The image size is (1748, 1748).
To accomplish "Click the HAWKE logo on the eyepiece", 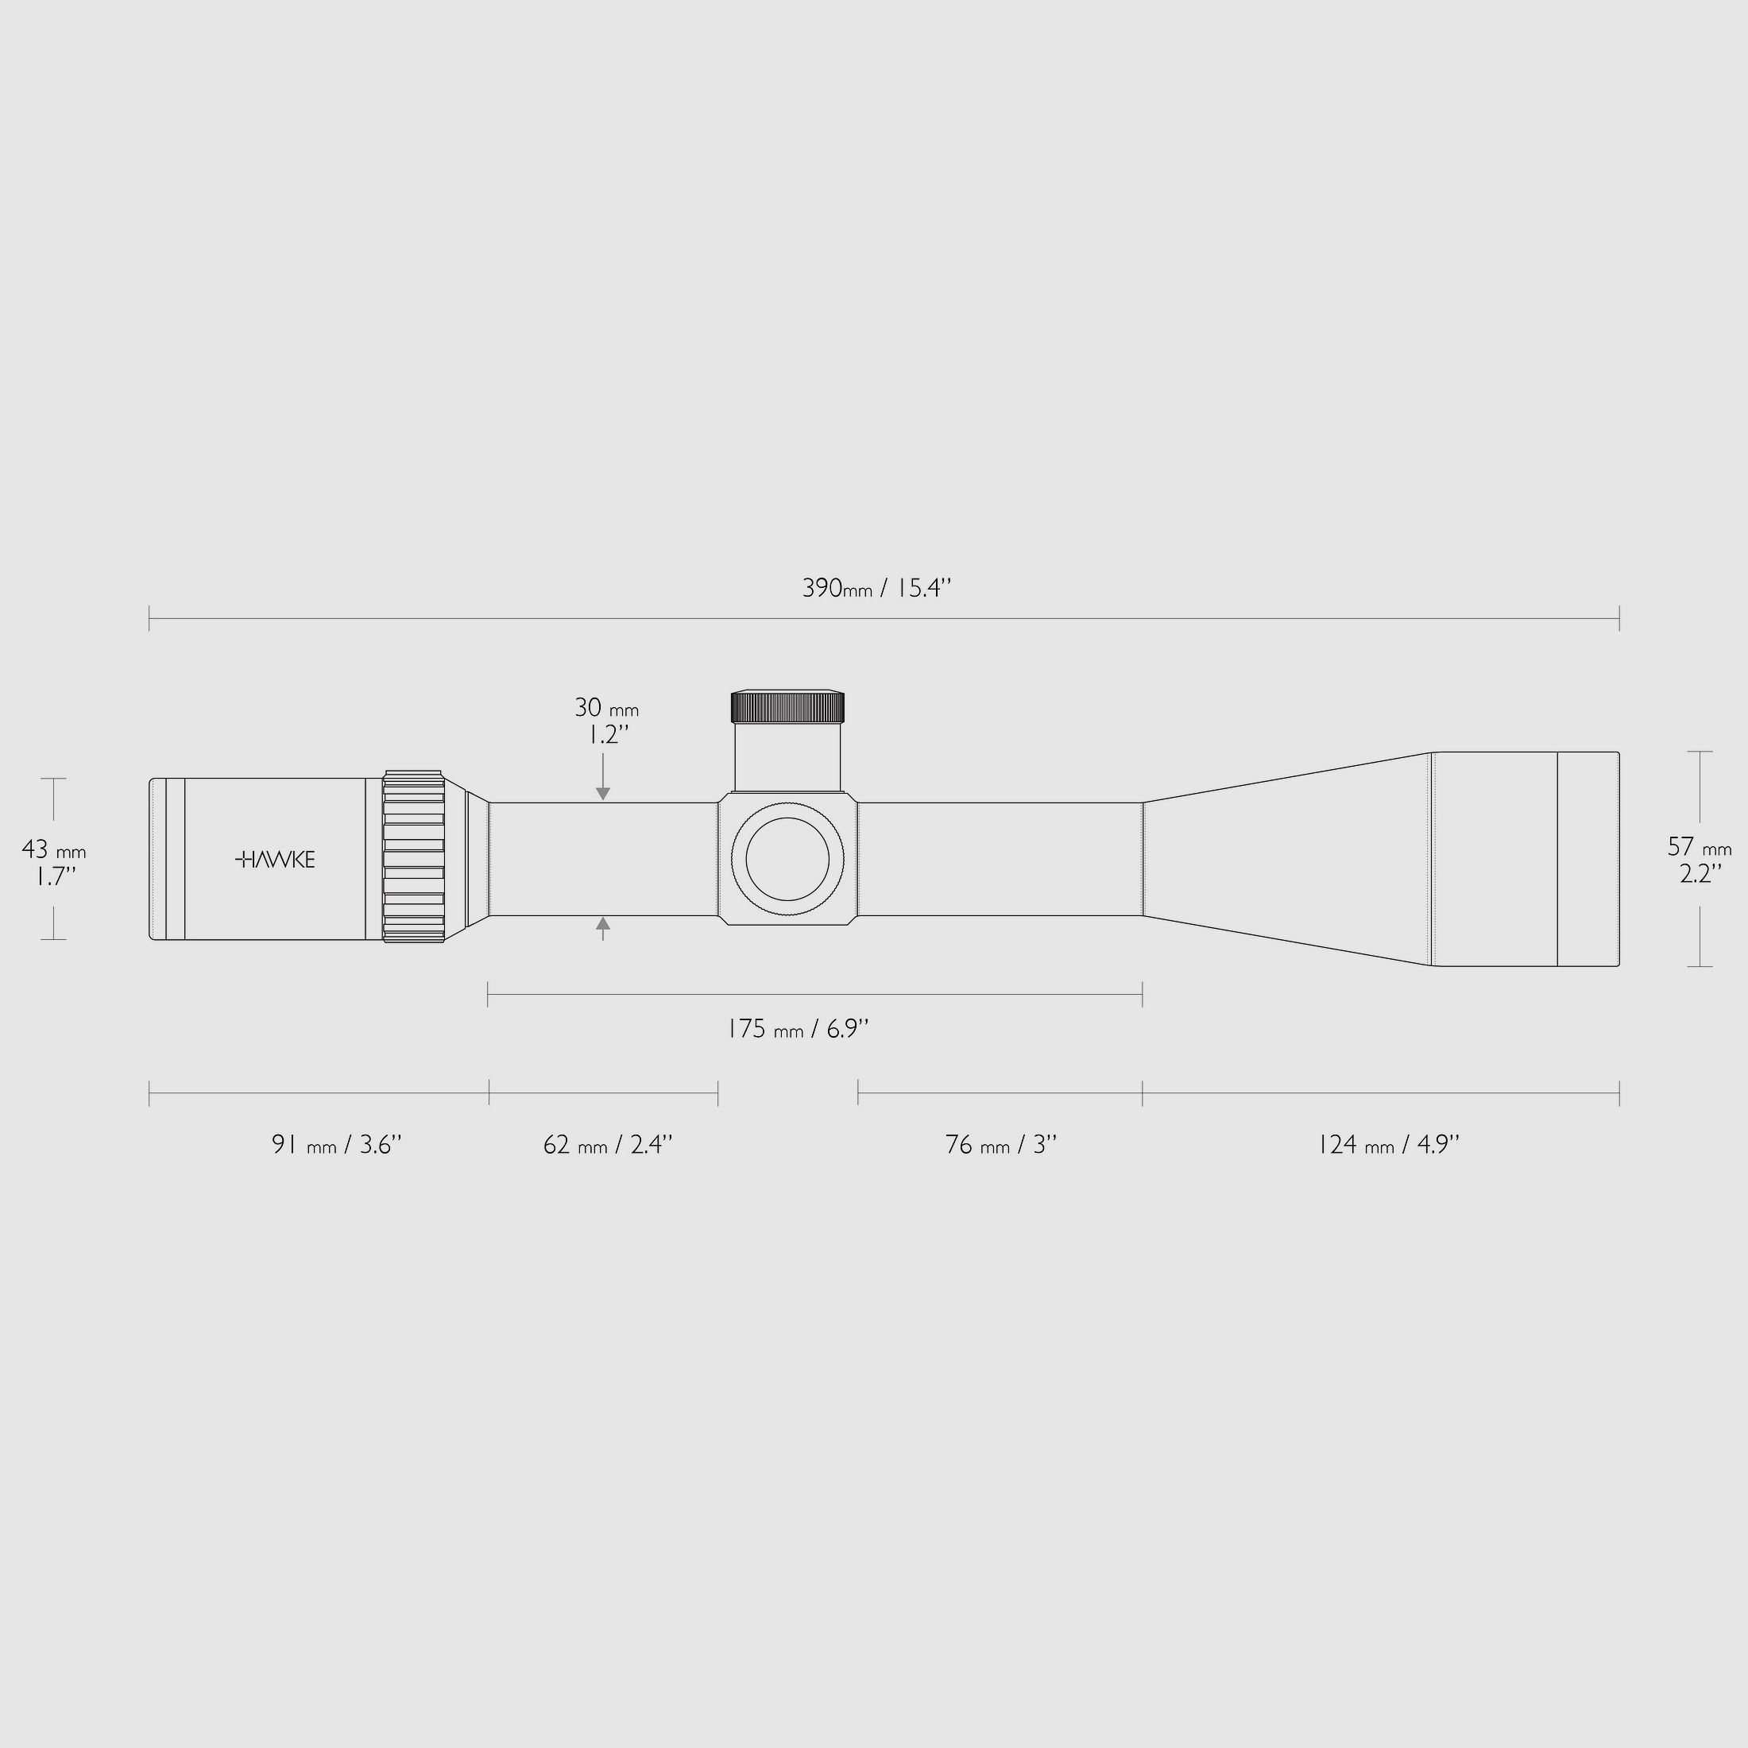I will click(x=275, y=860).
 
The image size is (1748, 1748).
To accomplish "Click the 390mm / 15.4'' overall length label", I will click(x=876, y=588).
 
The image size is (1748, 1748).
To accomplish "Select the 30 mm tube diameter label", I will click(x=605, y=707).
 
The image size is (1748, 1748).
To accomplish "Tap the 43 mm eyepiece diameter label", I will click(x=53, y=849).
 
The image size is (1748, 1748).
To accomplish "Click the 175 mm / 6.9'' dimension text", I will click(x=798, y=1029).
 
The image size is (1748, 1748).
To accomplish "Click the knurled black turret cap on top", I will click(x=787, y=706).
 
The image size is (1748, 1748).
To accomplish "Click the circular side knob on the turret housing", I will click(x=787, y=860).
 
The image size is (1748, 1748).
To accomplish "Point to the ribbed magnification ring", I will click(x=413, y=857).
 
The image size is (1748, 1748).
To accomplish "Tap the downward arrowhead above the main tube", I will click(x=602, y=794).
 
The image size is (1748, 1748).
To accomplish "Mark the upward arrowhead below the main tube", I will click(x=602, y=924).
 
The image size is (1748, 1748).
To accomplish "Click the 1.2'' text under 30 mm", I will click(x=604, y=735).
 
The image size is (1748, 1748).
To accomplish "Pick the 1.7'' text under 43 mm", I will click(x=54, y=876).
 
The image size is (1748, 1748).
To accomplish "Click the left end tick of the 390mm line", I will click(x=149, y=619).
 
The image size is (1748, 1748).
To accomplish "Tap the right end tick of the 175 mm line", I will click(x=1142, y=994).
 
